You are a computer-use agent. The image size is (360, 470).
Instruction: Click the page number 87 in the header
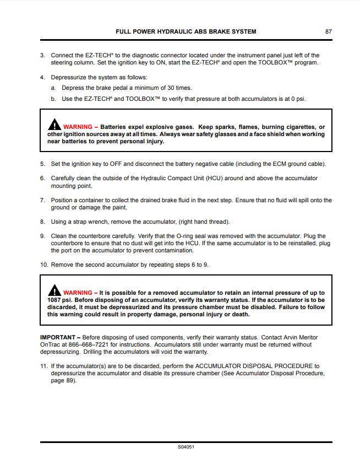(328, 32)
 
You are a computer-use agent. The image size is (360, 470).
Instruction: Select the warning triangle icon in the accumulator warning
(54, 290)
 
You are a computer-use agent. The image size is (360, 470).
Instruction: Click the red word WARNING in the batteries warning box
(78, 127)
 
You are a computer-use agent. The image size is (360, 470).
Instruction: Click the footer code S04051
(186, 447)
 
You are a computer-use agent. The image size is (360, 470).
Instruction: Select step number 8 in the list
(42, 222)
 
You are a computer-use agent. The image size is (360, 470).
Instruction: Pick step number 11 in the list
(43, 366)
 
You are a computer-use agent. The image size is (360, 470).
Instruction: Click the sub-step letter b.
(53, 99)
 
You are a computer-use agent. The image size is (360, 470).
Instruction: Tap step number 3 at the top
(42, 55)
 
